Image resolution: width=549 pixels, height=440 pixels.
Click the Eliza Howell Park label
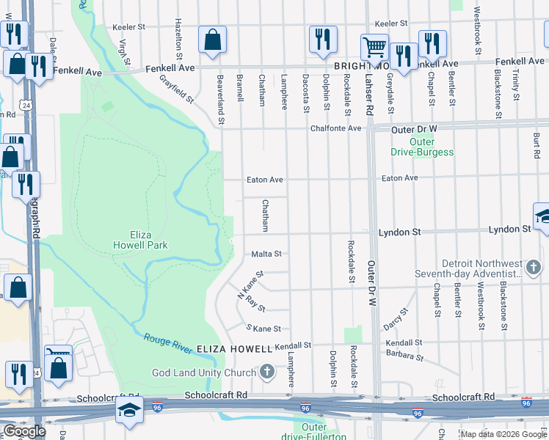pyautogui.click(x=141, y=240)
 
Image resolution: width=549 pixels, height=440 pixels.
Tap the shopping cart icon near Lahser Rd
pyautogui.click(x=374, y=48)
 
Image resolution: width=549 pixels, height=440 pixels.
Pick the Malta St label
pyautogui.click(x=267, y=254)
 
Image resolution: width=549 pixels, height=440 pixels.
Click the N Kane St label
pyautogui.click(x=250, y=284)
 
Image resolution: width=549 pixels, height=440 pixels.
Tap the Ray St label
pyautogui.click(x=255, y=303)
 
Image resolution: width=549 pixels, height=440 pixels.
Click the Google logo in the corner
pyautogui.click(x=24, y=431)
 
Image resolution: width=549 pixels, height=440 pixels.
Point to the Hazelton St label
pyautogui.click(x=178, y=40)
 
